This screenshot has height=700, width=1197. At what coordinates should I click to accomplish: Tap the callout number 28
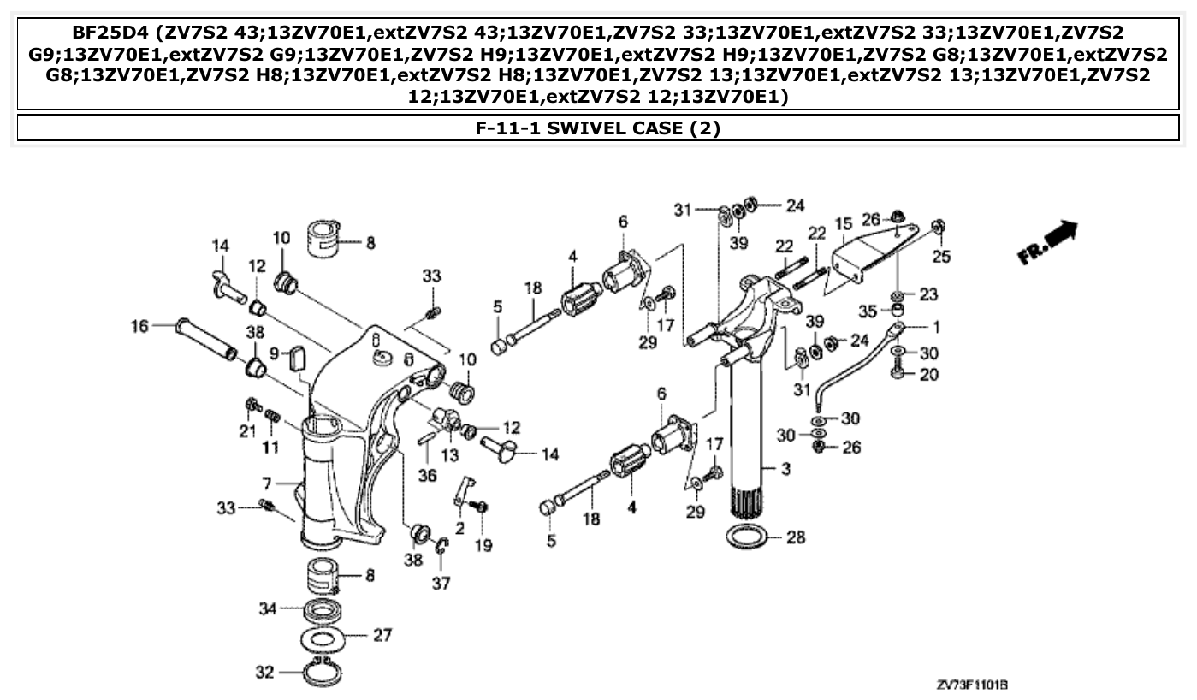point(797,538)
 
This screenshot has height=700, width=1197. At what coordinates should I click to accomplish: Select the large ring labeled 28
point(747,539)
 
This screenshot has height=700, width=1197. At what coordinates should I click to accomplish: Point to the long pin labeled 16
point(206,339)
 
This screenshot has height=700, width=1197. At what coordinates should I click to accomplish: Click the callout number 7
point(266,484)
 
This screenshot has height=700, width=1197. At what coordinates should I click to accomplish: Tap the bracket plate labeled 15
point(864,257)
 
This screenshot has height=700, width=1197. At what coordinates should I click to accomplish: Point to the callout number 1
point(936,326)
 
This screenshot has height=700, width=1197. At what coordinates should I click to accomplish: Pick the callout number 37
point(441,584)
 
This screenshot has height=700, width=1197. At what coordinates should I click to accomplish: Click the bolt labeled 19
point(481,508)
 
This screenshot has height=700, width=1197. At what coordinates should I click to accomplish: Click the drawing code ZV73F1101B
point(972,685)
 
